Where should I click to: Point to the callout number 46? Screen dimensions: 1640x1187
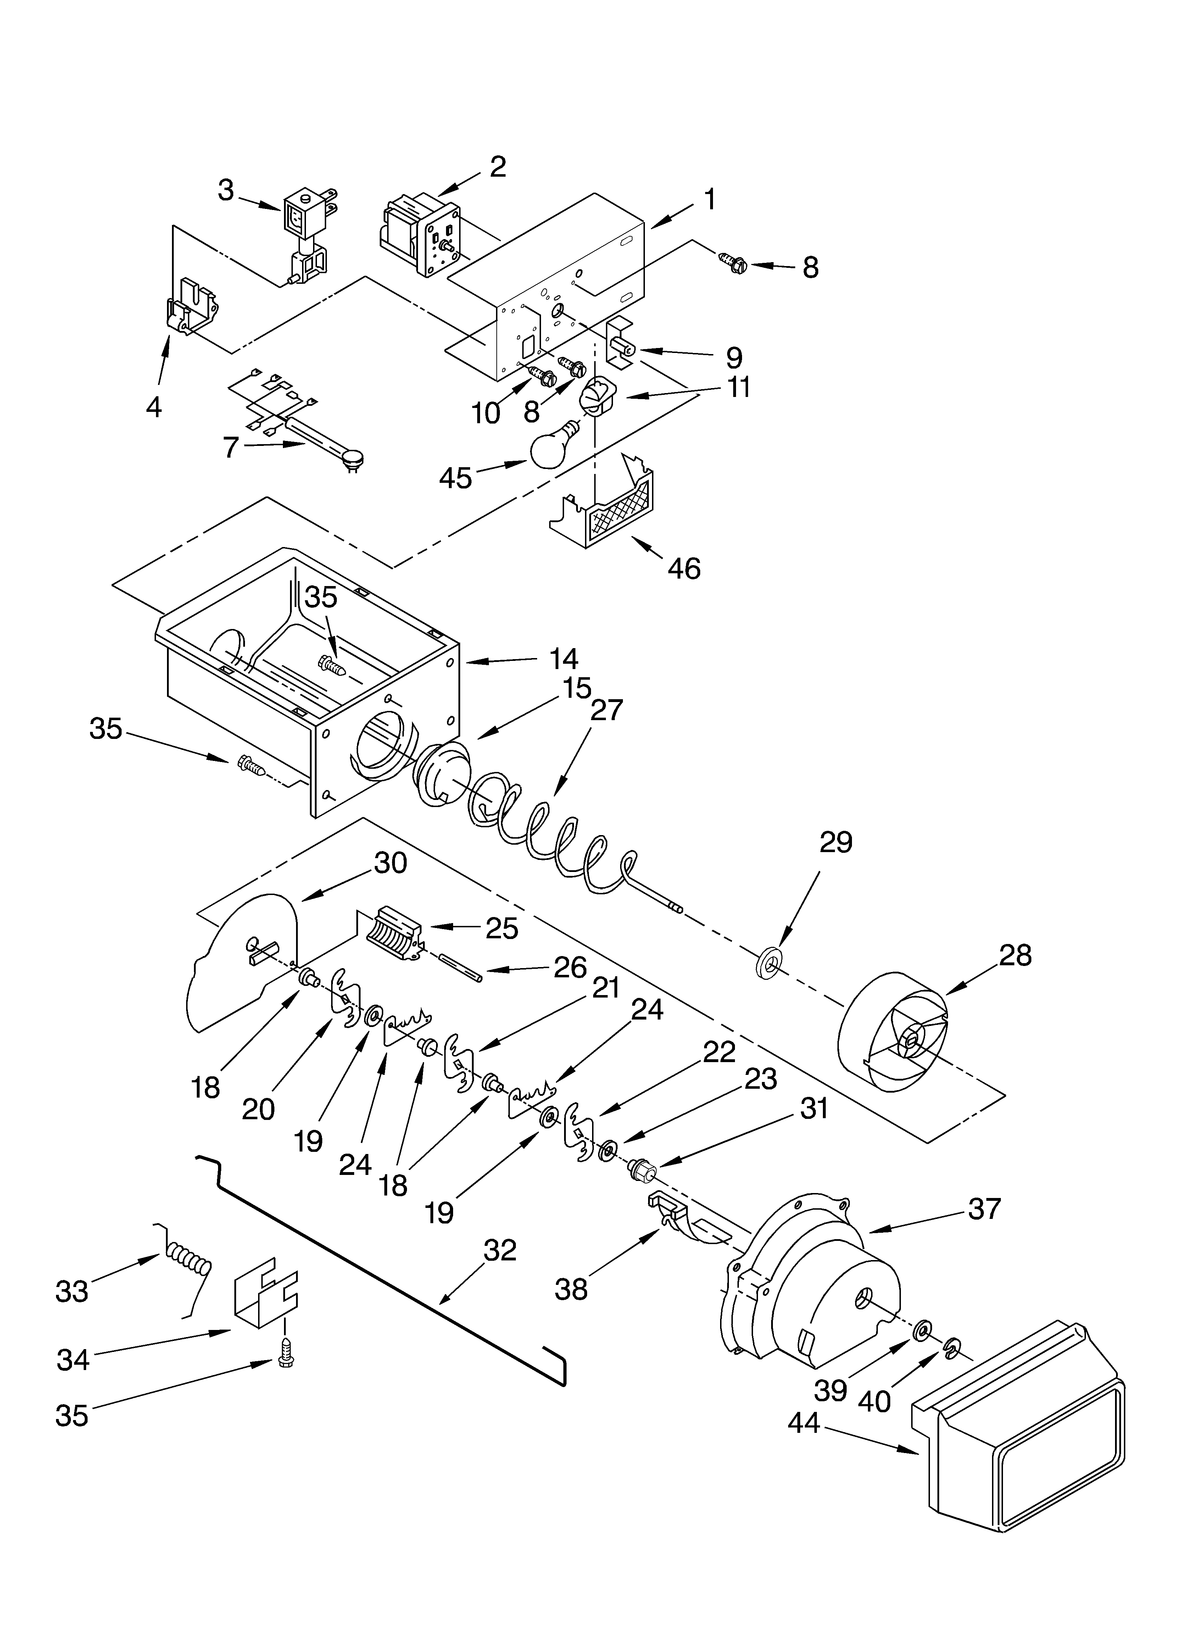tap(684, 569)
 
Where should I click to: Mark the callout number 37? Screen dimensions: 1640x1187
tap(985, 1208)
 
